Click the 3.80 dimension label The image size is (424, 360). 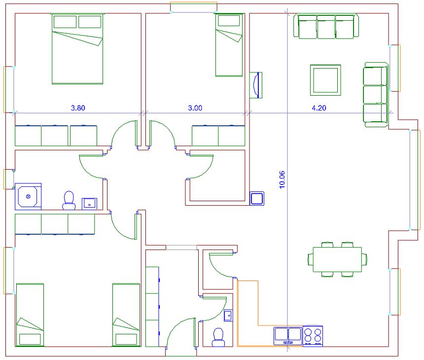(x=78, y=108)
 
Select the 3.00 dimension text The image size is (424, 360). (x=195, y=108)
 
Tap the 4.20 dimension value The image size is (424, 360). (x=319, y=108)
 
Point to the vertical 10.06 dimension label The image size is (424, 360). (x=282, y=180)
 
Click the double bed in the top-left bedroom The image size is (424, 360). (x=77, y=49)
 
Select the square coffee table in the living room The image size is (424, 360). (x=325, y=80)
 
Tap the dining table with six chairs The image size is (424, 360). (x=337, y=259)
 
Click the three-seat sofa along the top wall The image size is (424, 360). (x=326, y=26)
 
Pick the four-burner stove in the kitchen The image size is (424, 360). (x=313, y=336)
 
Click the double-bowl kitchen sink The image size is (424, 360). (x=288, y=336)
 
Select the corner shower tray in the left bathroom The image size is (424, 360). (x=28, y=196)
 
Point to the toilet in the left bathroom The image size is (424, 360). (x=69, y=200)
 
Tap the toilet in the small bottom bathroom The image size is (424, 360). (x=218, y=337)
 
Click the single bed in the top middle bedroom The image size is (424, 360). (x=229, y=45)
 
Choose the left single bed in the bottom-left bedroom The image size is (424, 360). (x=30, y=315)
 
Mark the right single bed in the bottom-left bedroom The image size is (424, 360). (x=126, y=315)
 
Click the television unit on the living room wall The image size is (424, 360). (x=255, y=85)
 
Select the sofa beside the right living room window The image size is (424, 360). (x=375, y=95)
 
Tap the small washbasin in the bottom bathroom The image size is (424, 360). (x=228, y=316)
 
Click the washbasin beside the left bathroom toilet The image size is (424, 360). (x=89, y=204)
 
